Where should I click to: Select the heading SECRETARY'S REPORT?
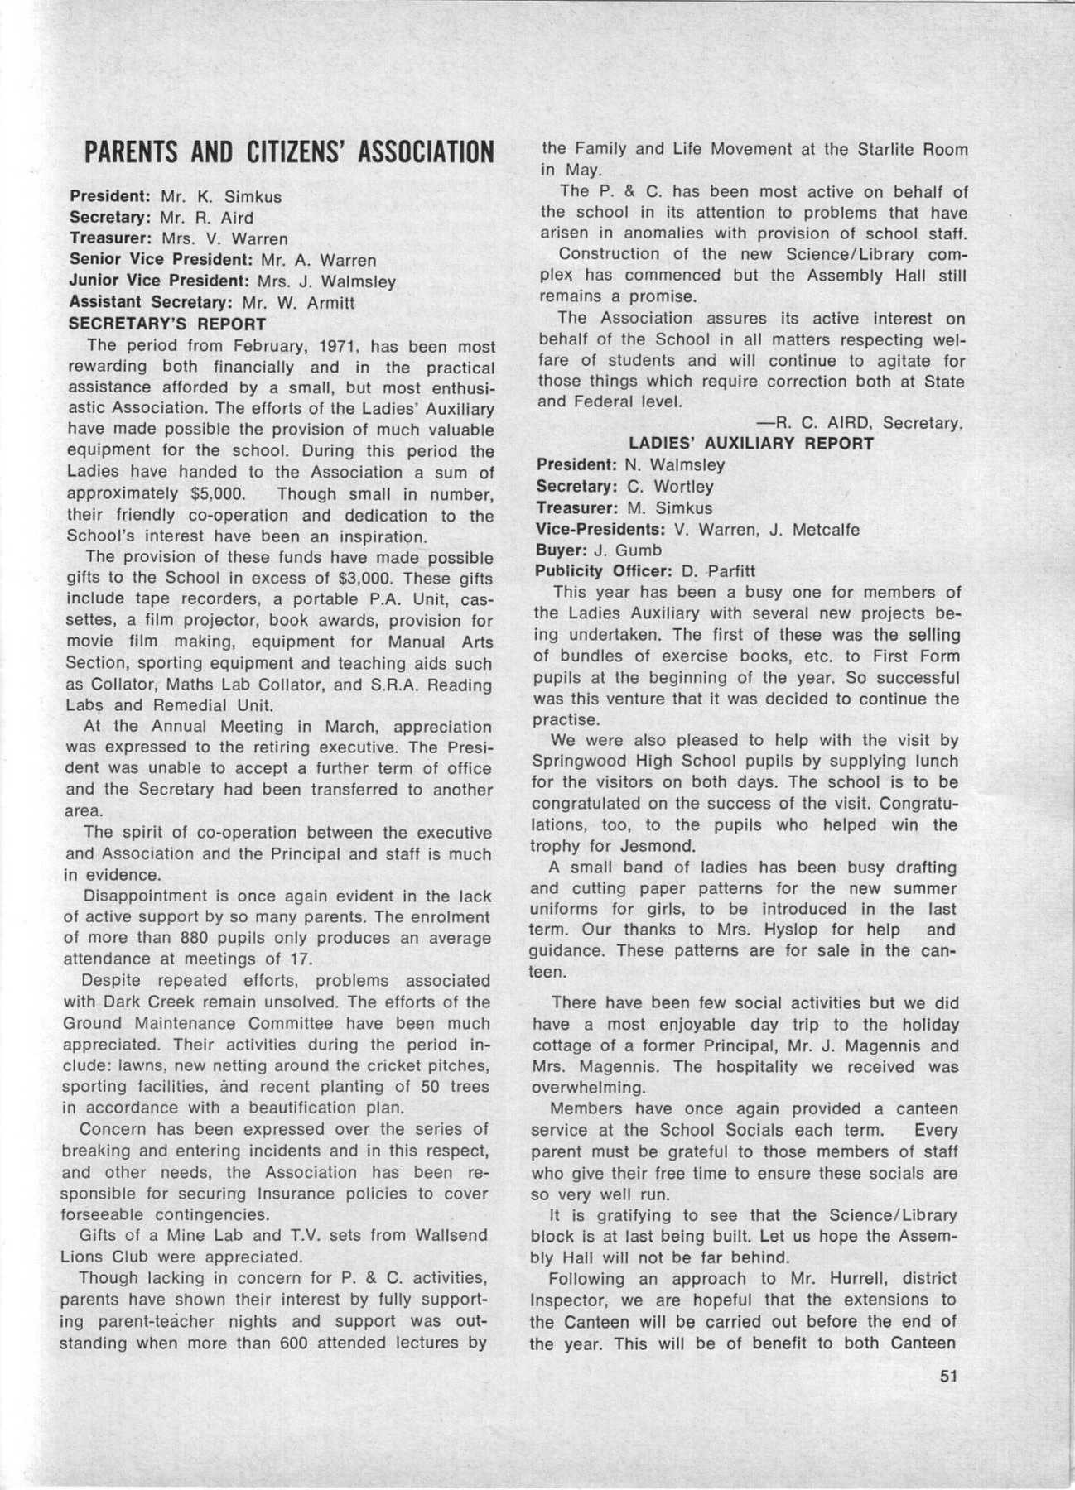(x=167, y=324)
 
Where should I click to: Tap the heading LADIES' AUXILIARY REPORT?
(x=750, y=444)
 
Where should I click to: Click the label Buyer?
(x=561, y=550)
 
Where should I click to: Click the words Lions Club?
(x=104, y=1257)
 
